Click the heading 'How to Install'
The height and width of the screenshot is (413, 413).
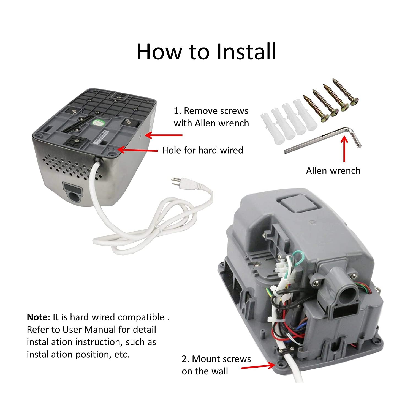pyautogui.click(x=206, y=51)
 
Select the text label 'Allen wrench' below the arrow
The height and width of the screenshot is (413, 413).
pyautogui.click(x=333, y=171)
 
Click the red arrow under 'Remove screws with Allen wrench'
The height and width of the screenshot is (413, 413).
pyautogui.click(x=164, y=135)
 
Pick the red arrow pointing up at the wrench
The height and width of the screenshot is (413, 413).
pyautogui.click(x=344, y=149)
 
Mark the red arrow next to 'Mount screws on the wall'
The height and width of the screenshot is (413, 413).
pyautogui.click(x=258, y=366)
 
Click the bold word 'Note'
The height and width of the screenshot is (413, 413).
pyautogui.click(x=37, y=317)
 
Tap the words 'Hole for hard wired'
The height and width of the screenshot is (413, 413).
pyautogui.click(x=202, y=150)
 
